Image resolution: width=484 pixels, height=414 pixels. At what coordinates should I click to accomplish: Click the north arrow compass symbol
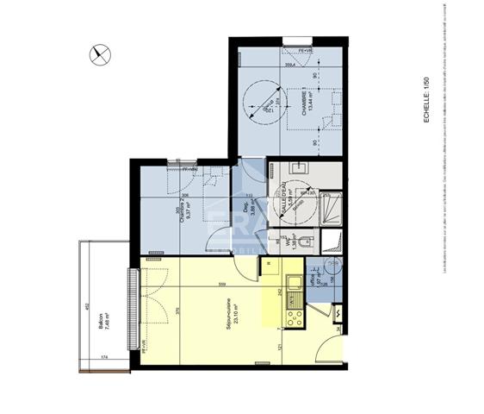tap(101, 54)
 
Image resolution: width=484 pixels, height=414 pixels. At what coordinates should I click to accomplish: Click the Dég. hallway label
tap(247, 207)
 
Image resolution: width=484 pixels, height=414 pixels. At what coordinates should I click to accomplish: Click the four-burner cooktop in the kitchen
tap(293, 317)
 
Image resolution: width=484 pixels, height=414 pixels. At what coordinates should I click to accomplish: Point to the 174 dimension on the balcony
tap(103, 355)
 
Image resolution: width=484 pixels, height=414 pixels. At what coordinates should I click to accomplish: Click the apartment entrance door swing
tap(328, 348)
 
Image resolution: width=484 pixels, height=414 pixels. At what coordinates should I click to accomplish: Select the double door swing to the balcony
tap(152, 310)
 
